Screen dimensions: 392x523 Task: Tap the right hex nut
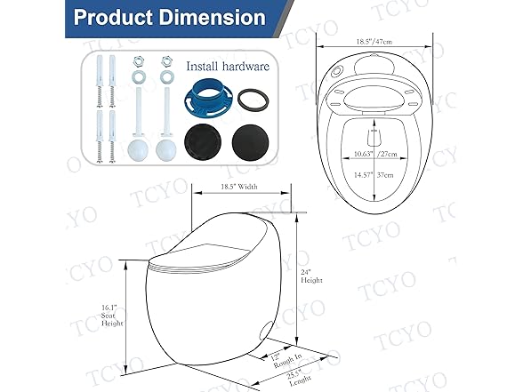pyautogui.click(x=167, y=63)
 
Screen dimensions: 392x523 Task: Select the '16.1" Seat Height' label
pyautogui.click(x=111, y=316)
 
